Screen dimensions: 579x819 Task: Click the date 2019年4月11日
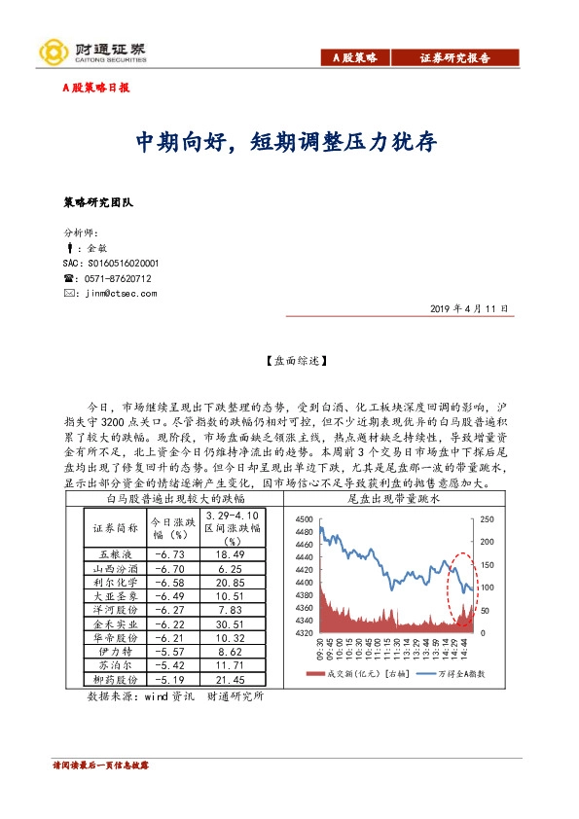click(x=469, y=308)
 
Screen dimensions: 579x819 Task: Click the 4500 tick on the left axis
click(x=303, y=519)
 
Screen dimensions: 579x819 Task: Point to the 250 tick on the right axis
click(x=488, y=519)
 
